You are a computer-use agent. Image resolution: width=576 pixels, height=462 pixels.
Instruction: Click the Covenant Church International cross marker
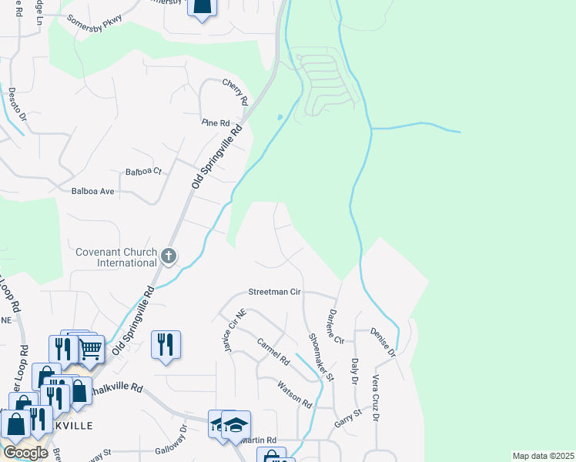(x=169, y=256)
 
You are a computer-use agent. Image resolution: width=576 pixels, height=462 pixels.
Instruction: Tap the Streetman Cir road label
(x=273, y=293)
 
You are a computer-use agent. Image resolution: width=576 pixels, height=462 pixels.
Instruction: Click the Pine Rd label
(x=216, y=123)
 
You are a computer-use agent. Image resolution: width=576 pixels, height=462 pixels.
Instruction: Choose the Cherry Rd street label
(x=236, y=92)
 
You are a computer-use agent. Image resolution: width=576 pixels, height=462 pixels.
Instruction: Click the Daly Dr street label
(x=355, y=370)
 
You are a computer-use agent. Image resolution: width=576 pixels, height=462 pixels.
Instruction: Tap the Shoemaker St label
(x=320, y=357)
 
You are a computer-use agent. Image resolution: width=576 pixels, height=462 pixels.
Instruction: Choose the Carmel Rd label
(x=273, y=352)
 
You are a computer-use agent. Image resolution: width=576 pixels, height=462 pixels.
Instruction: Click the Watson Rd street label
(x=294, y=395)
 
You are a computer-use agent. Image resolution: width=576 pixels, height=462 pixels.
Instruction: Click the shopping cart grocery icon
(x=91, y=348)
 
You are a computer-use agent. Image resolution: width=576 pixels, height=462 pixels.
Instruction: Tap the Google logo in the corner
(x=25, y=453)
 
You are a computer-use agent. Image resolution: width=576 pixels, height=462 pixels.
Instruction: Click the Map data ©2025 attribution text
(x=543, y=456)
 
